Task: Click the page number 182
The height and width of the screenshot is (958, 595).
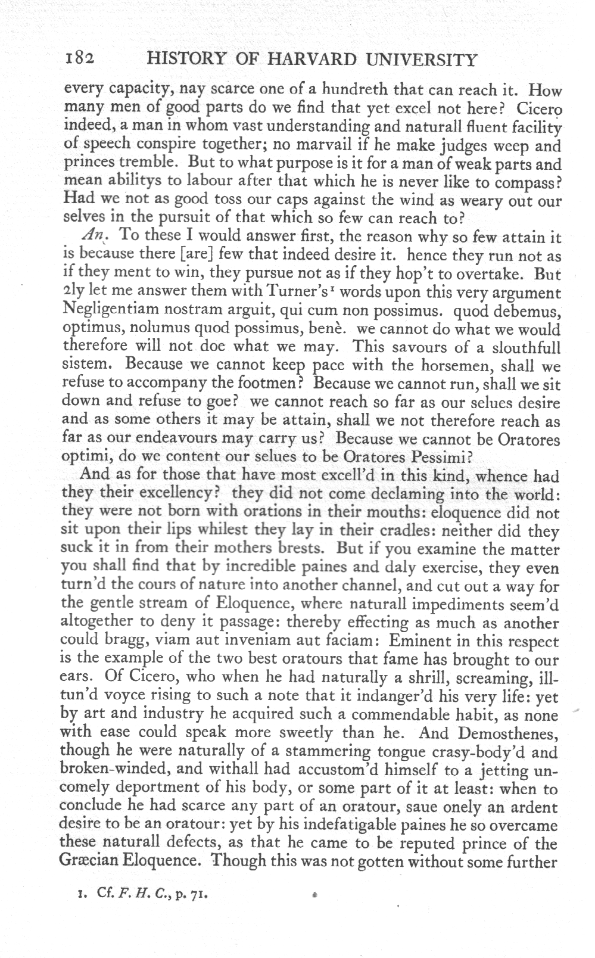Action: pyautogui.click(x=80, y=59)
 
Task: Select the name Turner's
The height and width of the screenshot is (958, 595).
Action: pyautogui.click(x=279, y=293)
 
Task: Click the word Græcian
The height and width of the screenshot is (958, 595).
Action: pyautogui.click(x=92, y=862)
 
